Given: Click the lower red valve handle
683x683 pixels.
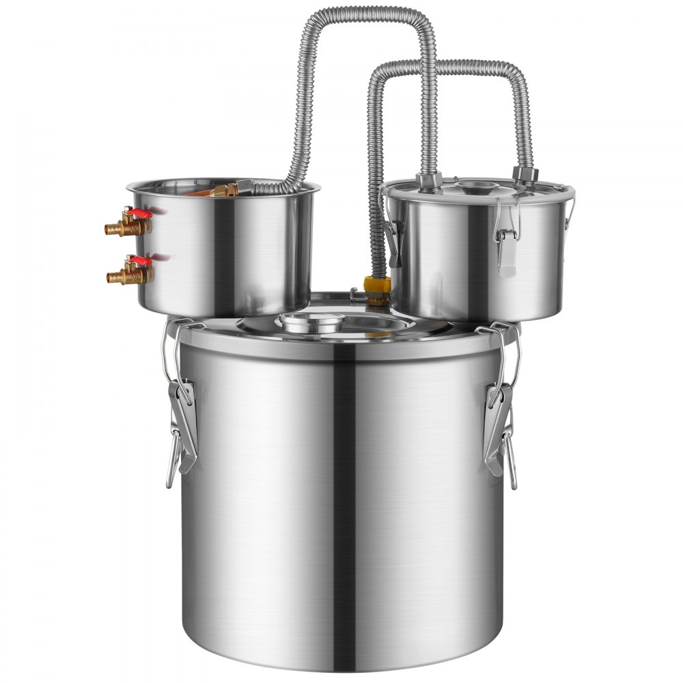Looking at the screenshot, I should pos(141,260).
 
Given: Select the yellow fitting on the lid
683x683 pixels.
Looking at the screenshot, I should pos(378,285).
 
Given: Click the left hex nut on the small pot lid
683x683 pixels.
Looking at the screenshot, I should pos(426,181).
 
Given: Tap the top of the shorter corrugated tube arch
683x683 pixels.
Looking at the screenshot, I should pos(451,66).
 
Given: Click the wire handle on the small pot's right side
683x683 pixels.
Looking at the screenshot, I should pos(568,205).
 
